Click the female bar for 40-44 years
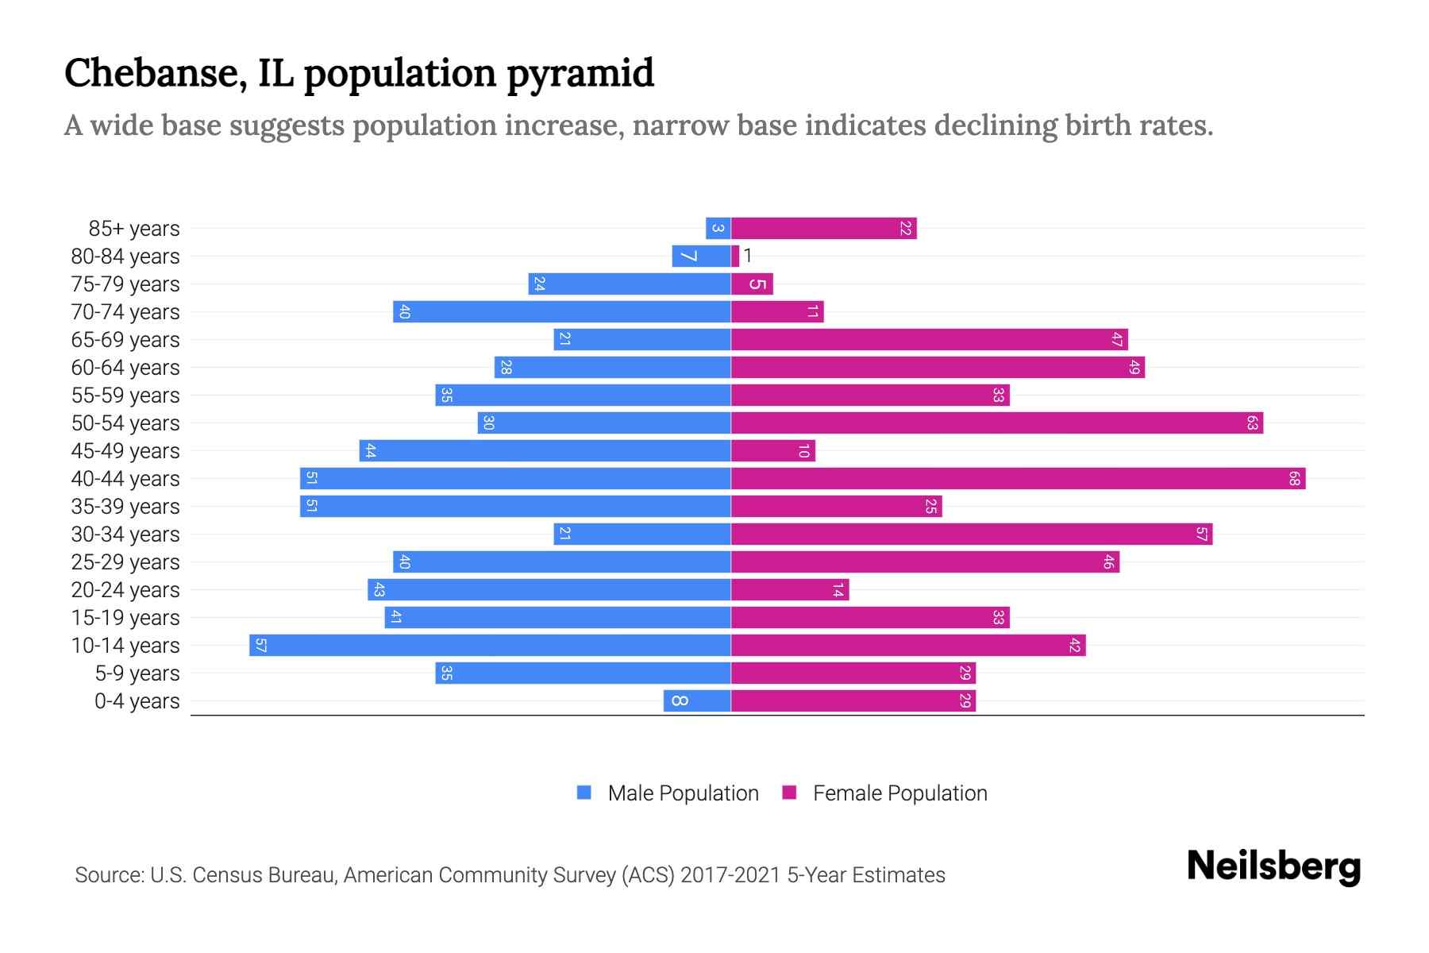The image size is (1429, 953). (x=1018, y=479)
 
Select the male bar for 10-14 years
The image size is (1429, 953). (x=490, y=646)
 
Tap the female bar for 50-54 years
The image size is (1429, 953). (x=996, y=423)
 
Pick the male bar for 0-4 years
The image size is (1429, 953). (x=697, y=701)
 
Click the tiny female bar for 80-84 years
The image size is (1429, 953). (x=735, y=257)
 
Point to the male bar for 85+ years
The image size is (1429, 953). (x=718, y=229)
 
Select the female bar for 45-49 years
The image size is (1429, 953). (x=772, y=451)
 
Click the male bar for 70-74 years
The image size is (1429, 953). (x=561, y=312)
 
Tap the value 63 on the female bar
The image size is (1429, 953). (x=1251, y=423)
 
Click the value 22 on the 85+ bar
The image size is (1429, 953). (x=905, y=229)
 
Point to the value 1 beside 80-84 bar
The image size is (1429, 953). (x=748, y=256)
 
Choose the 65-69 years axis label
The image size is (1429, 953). (x=125, y=340)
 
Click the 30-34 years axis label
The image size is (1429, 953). (x=125, y=534)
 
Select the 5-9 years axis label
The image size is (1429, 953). (x=137, y=673)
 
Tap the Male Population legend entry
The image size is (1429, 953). (x=683, y=793)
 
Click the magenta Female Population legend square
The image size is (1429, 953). (x=789, y=793)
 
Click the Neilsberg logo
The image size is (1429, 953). (x=1273, y=866)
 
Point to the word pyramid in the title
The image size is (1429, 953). (x=580, y=74)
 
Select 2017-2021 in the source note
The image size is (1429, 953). (x=730, y=875)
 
